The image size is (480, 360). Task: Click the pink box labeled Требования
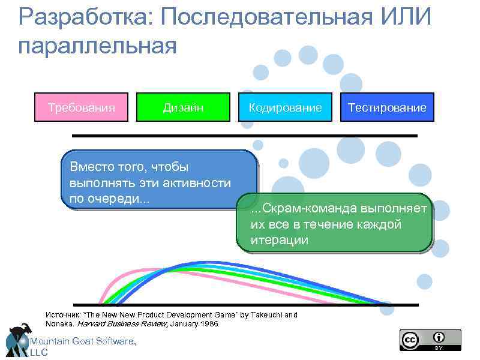pyautogui.click(x=81, y=107)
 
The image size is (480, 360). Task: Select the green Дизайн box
pyautogui.click(x=183, y=107)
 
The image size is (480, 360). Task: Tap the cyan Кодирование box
pyautogui.click(x=285, y=107)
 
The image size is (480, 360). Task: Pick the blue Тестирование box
pyautogui.click(x=387, y=107)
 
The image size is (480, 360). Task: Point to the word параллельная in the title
pyautogui.click(x=98, y=46)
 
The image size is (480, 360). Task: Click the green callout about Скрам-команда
pyautogui.click(x=334, y=223)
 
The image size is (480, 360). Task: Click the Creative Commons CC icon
pyautogui.click(x=410, y=340)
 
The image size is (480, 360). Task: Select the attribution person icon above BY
pyautogui.click(x=439, y=337)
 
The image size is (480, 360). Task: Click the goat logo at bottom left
pyautogui.click(x=18, y=340)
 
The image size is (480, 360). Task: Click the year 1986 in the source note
pyautogui.click(x=209, y=324)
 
